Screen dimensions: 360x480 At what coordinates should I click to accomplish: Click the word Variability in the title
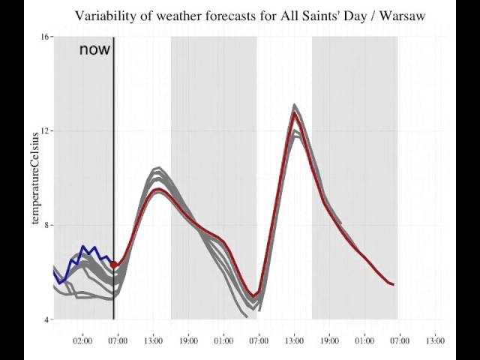point(106,15)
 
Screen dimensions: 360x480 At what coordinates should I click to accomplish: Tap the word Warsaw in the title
point(401,15)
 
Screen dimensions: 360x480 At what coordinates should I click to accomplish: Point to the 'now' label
point(94,50)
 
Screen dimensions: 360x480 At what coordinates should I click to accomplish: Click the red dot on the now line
point(113,264)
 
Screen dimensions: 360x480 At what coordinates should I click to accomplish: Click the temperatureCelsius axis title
point(34,178)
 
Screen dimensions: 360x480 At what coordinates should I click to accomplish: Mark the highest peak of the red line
point(295,114)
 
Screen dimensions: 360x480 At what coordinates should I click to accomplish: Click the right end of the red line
point(393,285)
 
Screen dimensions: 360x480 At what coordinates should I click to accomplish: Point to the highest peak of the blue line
point(83,246)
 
